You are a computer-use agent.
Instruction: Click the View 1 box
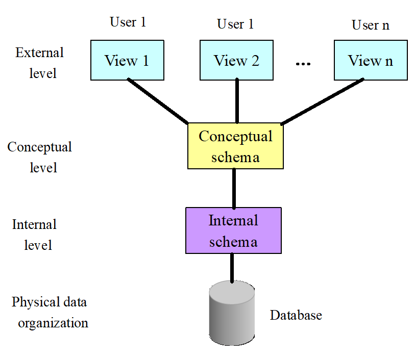127,61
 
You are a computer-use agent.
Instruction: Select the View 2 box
236,61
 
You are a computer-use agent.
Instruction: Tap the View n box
371,61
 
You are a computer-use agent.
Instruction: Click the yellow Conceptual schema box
235,146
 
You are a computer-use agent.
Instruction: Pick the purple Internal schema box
233,230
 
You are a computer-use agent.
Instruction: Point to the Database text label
296,315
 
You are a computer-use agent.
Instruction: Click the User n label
371,25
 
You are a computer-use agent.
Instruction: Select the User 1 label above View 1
128,22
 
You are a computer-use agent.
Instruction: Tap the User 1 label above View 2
235,24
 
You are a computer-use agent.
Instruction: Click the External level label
39,63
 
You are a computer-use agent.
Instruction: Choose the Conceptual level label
40,157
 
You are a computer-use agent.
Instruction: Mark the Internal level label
35,235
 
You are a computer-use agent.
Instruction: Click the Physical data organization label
50,312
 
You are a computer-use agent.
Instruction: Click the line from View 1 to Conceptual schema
158,101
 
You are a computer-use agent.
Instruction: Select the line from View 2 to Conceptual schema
237,101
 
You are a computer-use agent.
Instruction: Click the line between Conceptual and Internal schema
234,188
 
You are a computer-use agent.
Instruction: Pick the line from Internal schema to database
232,267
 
